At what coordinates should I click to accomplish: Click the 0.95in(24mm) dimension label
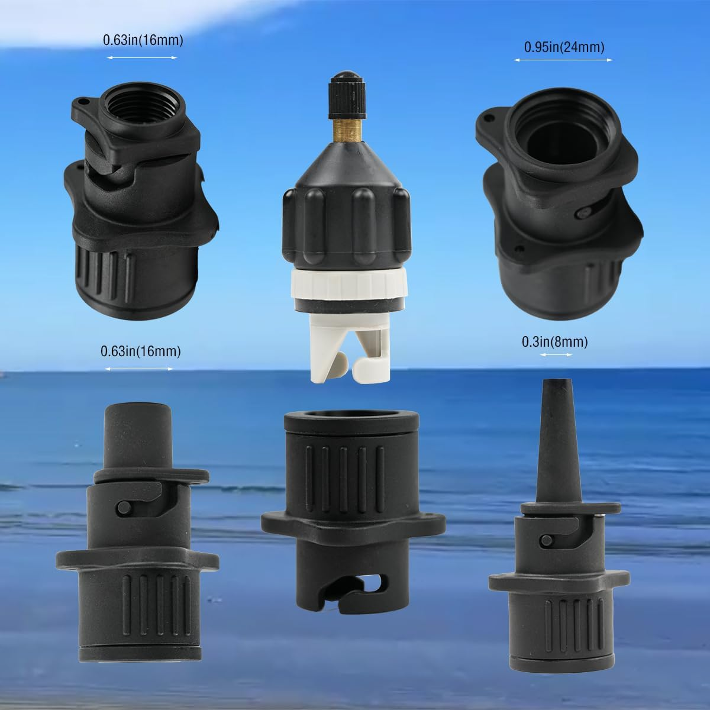click(x=564, y=47)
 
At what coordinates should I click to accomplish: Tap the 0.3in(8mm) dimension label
click(x=554, y=341)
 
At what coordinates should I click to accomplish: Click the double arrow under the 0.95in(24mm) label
click(x=563, y=60)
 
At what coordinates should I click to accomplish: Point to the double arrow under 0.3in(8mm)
click(x=556, y=354)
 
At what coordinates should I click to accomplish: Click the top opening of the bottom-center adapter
click(x=351, y=418)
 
